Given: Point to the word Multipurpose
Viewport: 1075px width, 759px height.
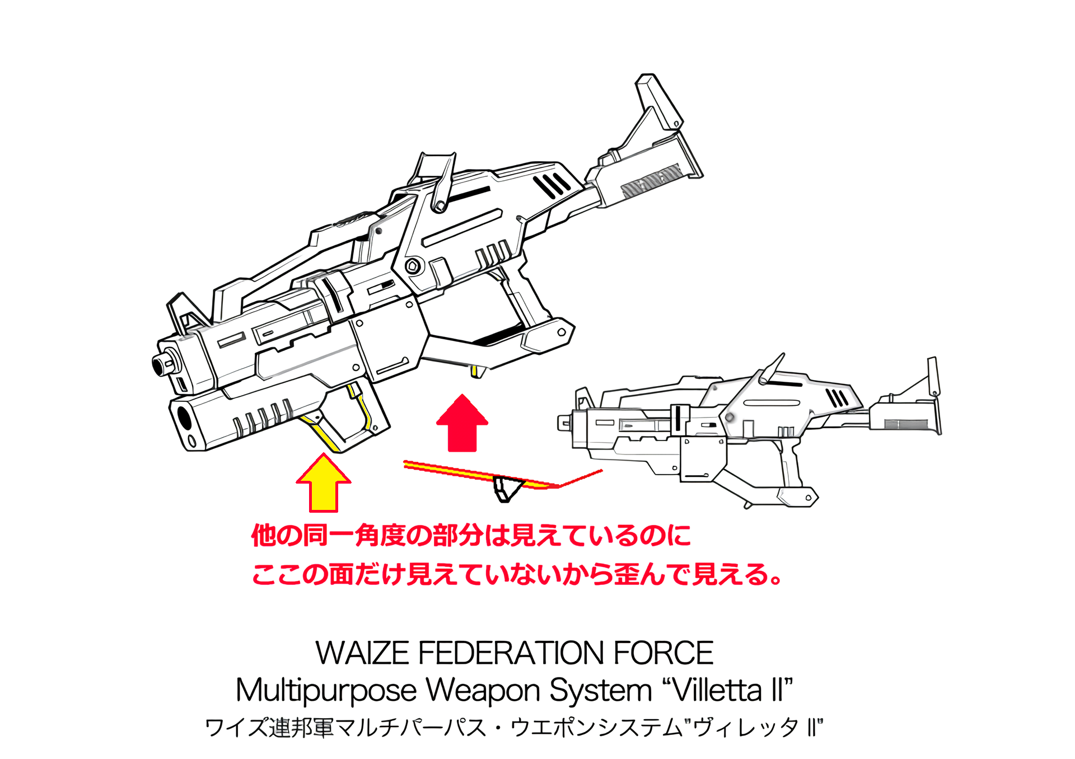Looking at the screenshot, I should point(326,690).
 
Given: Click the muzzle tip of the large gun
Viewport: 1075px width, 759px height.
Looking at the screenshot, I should point(160,365).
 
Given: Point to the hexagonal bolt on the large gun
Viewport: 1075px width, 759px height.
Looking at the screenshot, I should point(413,266).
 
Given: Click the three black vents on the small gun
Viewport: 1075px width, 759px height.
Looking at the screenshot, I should point(838,398).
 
